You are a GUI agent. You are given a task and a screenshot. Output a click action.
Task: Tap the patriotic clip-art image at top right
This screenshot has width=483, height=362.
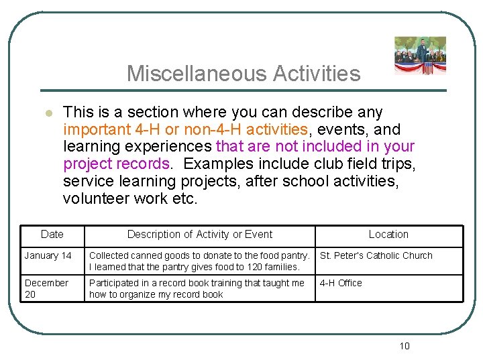click(420, 56)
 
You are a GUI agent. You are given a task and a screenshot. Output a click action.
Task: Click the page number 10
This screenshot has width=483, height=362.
click(404, 346)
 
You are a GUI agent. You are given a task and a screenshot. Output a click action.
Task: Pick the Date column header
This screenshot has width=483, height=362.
click(52, 235)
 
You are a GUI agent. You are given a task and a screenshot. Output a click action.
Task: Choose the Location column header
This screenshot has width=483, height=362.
click(388, 235)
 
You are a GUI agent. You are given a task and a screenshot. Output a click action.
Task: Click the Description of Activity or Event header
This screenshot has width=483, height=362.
click(200, 235)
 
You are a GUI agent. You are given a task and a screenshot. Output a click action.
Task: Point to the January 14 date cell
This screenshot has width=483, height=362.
click(48, 255)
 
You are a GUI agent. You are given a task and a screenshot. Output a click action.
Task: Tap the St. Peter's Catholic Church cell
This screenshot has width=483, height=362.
click(376, 255)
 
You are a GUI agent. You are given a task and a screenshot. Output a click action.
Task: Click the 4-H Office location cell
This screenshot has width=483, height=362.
click(341, 283)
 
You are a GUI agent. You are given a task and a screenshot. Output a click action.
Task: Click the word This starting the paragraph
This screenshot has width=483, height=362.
click(78, 112)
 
